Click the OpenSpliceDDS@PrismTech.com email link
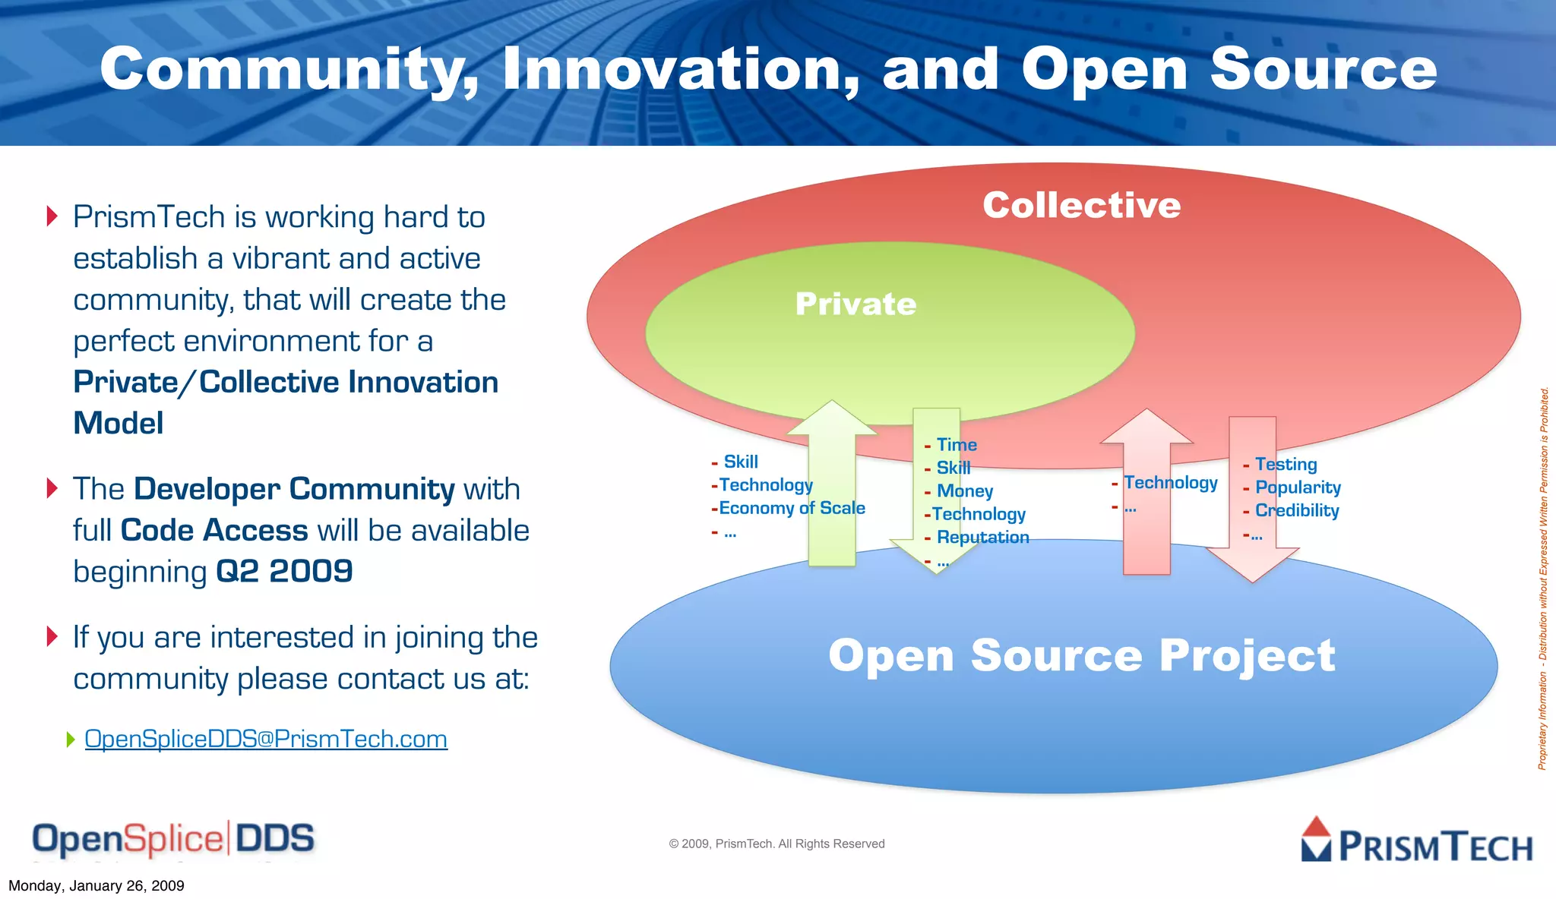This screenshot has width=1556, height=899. (266, 739)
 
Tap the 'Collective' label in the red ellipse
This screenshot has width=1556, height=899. (1081, 205)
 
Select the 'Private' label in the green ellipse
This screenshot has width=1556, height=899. (855, 304)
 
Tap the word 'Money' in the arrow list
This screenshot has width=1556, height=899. (965, 491)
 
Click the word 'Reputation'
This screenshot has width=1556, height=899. (982, 538)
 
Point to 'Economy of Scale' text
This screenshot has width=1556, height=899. (792, 508)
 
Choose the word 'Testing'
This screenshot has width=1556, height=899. (1286, 464)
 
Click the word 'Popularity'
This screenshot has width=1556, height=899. (1298, 487)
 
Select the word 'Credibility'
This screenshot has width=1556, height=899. (1297, 510)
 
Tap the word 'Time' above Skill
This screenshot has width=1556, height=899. (957, 445)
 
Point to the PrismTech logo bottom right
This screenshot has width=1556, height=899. (1417, 841)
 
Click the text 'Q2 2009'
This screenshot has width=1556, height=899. (284, 571)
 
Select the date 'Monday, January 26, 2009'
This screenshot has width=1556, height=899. (96, 885)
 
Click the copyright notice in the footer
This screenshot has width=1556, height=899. (776, 844)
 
